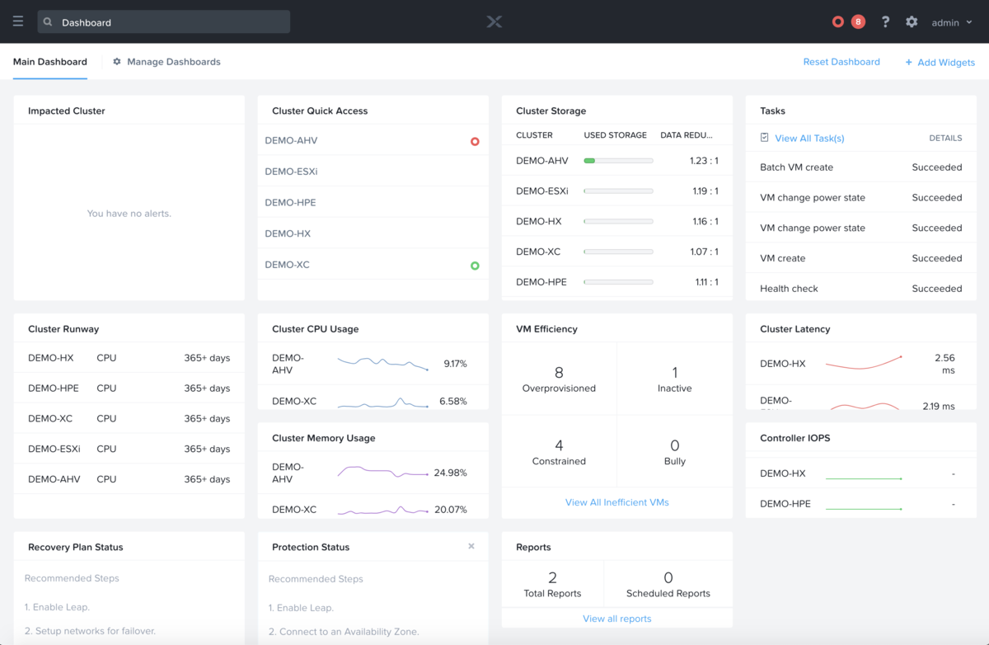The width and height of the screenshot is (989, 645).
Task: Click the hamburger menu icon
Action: coord(18,22)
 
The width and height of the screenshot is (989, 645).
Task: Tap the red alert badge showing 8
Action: coord(858,22)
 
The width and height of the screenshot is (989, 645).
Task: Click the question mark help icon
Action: coord(885,22)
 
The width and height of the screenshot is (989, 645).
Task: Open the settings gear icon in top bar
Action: coord(912,22)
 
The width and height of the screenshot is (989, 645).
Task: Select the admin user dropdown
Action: coord(951,23)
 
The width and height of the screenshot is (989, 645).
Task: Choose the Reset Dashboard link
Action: coord(841,62)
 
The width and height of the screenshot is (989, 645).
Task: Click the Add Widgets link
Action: coord(940,63)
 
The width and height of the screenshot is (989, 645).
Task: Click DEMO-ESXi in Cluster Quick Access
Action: coord(291,172)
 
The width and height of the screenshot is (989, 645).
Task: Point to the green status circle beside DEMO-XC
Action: coord(475,266)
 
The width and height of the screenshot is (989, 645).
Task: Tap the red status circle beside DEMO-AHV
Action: coord(475,141)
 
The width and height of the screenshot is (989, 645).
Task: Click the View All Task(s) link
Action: coord(809,139)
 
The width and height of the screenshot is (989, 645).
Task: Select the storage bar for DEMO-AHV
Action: coord(618,161)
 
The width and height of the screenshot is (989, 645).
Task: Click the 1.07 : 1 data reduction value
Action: coord(704,252)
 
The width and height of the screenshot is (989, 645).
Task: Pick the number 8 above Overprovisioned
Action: coord(559,373)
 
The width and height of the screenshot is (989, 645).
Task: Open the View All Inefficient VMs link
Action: coord(616,502)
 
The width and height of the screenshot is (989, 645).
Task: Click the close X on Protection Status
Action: coord(471,546)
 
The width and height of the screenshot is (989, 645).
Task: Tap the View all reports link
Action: coord(616,619)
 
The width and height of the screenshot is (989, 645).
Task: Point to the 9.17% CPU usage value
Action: coord(455,364)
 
